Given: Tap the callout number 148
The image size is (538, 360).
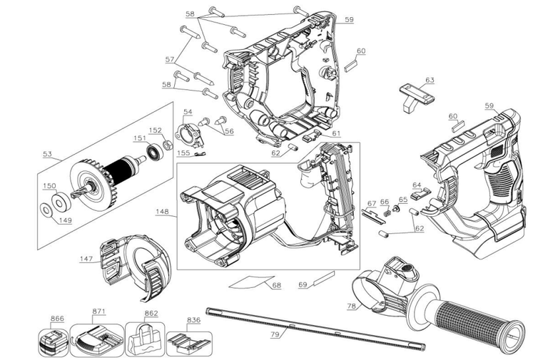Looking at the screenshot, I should click(x=162, y=211).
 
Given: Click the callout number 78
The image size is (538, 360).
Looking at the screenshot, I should click(x=351, y=307).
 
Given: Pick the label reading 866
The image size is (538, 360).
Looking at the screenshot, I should click(x=57, y=319).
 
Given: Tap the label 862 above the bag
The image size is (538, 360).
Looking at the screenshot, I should click(x=151, y=312).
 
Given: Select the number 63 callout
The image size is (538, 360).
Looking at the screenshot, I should click(x=430, y=80).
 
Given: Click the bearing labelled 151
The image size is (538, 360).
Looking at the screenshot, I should click(x=152, y=151).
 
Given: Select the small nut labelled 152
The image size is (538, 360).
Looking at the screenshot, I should click(x=167, y=145).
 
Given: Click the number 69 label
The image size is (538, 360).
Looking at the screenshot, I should click(x=303, y=284).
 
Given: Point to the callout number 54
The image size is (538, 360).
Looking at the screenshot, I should click(x=187, y=112).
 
